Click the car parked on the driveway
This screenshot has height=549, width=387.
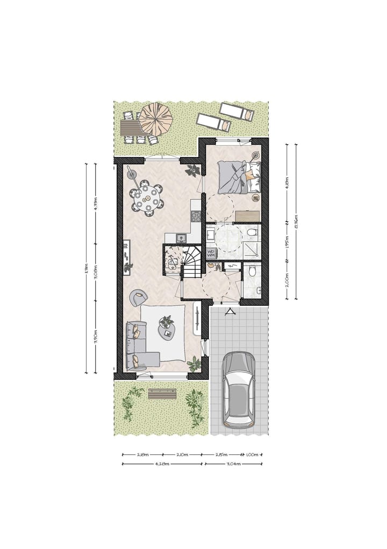pos(239,389)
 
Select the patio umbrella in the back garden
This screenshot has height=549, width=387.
pos(156,119)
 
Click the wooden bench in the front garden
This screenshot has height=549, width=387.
pos(162,394)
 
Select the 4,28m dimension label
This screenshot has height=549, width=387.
pos(162,463)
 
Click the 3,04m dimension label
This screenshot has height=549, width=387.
pos(234,463)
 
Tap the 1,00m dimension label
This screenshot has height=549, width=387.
pos(252,454)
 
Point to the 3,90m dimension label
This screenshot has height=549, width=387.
pos(96,336)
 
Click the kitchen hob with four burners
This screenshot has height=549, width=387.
pos(196,216)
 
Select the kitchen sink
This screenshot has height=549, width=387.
pos(181,237)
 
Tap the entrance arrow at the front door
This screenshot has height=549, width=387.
pos(230,313)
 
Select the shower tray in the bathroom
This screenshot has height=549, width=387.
pos(251,249)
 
